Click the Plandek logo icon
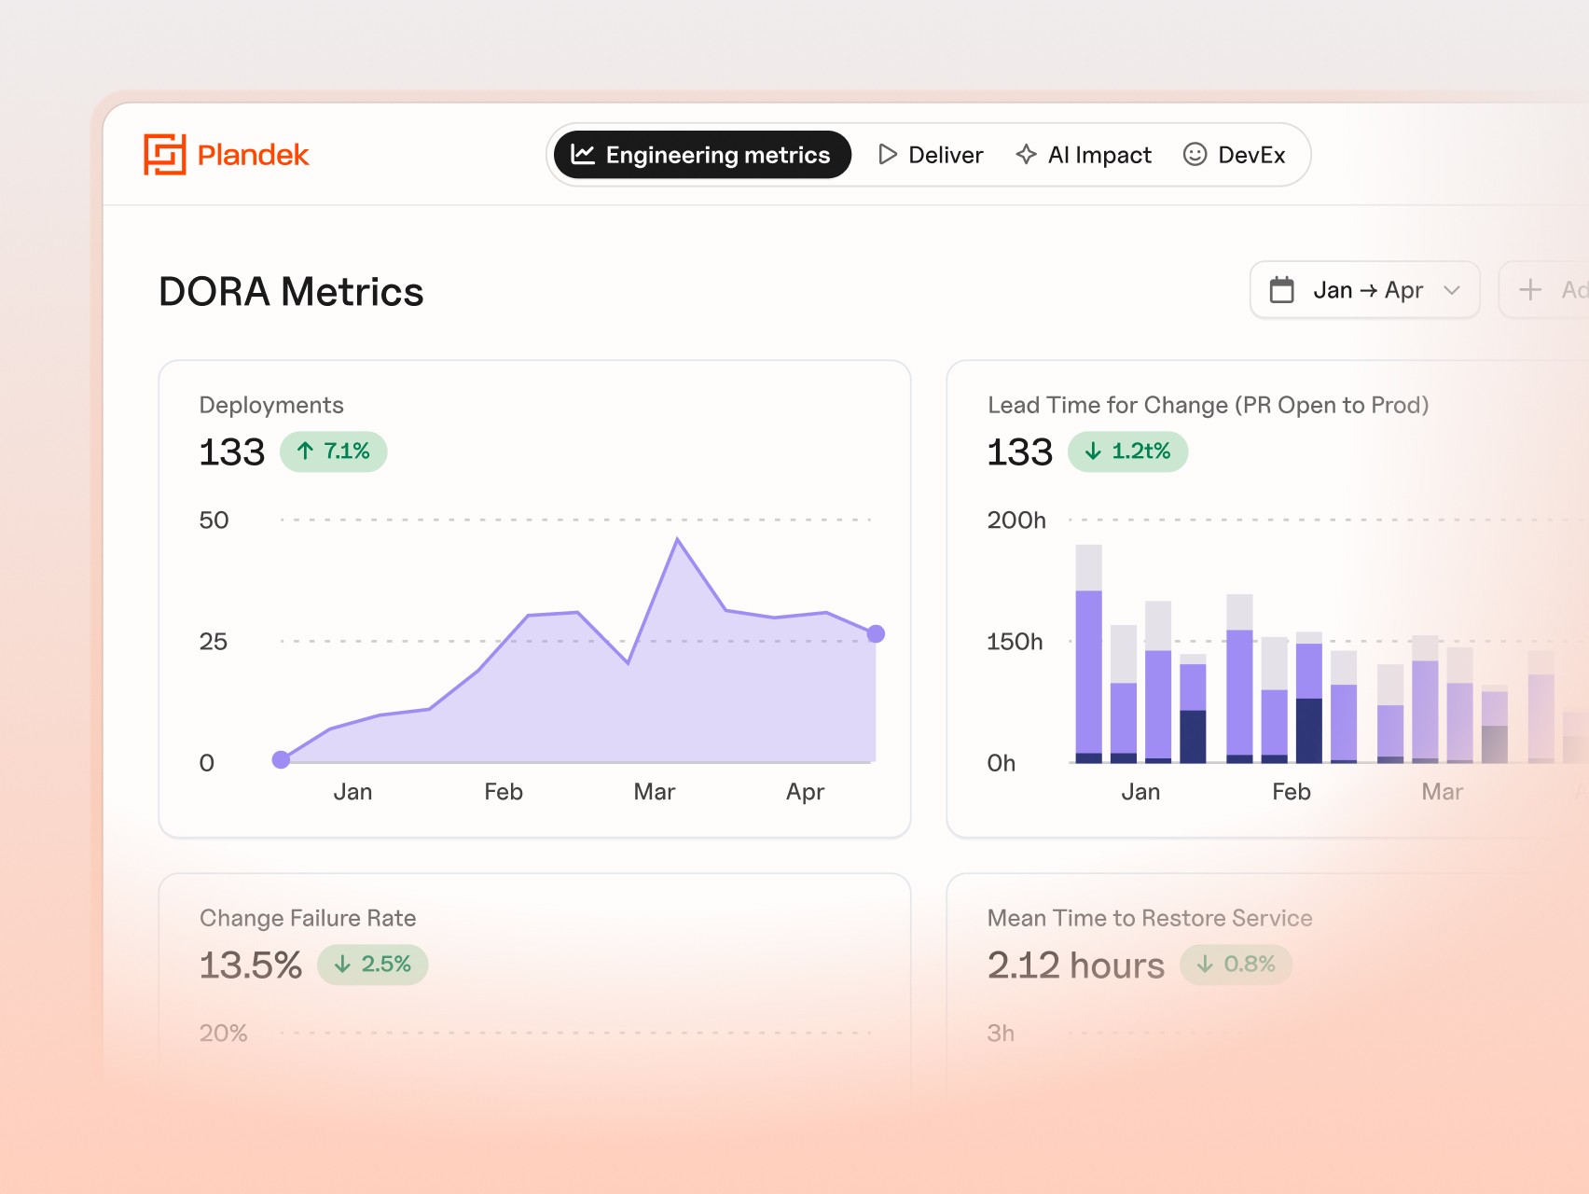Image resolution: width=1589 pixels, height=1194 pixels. coord(164,155)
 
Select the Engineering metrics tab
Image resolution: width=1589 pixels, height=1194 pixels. coord(701,155)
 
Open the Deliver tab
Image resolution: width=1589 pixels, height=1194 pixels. coord(931,155)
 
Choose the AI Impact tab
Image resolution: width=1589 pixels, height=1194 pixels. coord(1084,155)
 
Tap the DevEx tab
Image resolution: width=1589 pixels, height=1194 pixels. coord(1234,155)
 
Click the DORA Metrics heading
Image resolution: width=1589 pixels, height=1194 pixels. coord(291,292)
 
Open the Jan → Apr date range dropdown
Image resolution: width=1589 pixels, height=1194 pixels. coord(1364,290)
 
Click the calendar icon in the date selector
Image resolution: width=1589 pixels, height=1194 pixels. coord(1282,290)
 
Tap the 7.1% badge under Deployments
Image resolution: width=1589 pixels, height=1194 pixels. coord(333,451)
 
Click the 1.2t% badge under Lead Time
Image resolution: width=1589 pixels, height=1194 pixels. coord(1127,451)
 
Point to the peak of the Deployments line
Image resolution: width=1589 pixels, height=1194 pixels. coord(678,539)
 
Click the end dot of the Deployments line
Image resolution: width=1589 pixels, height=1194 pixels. coord(876,634)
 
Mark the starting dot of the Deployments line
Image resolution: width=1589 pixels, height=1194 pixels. coord(281,759)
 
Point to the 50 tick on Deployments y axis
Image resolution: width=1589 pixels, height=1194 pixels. coord(214,521)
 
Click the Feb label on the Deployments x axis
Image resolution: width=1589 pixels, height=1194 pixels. coord(504,792)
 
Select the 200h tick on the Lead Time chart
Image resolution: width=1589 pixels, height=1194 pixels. coord(1016,521)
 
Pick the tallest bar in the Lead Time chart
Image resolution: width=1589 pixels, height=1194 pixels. coord(1088,653)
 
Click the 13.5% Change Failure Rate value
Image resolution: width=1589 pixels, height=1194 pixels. coord(251,965)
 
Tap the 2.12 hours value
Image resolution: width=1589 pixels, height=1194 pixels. coord(1075,965)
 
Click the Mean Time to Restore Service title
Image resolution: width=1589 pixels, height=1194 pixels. coord(1150,918)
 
